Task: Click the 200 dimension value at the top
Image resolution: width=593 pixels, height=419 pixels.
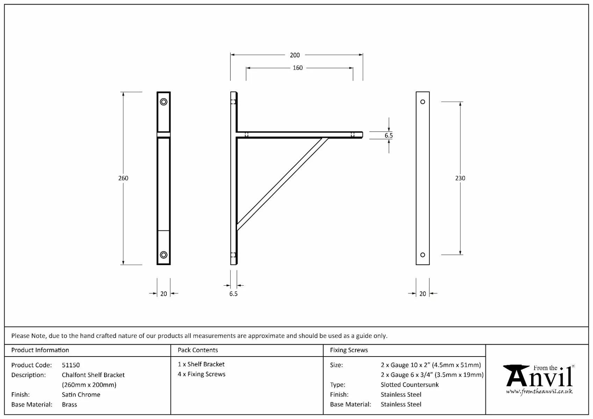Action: [x=295, y=55]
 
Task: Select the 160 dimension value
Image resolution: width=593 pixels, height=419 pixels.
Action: [x=297, y=68]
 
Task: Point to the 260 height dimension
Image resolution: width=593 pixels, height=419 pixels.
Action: [x=123, y=178]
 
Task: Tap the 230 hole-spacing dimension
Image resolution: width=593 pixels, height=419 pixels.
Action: [x=460, y=178]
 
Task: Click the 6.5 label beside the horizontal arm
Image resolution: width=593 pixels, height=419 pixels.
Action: [x=389, y=135]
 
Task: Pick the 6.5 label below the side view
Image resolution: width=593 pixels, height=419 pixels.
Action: [x=233, y=294]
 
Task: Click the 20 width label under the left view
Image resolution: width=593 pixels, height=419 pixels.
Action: [x=164, y=294]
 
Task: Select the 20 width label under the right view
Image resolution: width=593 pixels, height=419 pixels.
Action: [x=422, y=294]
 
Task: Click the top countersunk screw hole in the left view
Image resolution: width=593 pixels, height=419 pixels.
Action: [x=164, y=102]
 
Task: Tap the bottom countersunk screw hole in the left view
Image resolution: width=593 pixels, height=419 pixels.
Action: [x=164, y=255]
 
